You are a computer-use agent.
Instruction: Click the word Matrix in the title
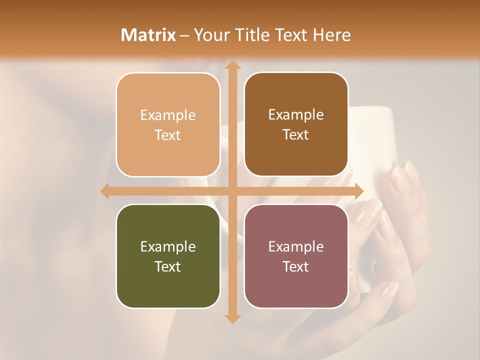tap(148, 35)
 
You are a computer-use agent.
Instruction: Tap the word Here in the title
tap(331, 35)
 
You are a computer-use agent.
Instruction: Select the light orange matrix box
tap(168, 124)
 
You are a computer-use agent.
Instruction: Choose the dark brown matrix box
tap(296, 124)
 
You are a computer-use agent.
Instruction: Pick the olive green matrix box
tap(168, 256)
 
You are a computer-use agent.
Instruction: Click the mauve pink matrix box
tap(296, 256)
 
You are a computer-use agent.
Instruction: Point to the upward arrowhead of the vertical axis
tap(232, 65)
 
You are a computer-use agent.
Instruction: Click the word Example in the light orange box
tap(168, 115)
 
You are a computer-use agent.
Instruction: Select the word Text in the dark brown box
tap(296, 135)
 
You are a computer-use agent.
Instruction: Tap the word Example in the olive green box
tap(168, 247)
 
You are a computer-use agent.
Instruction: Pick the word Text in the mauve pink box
tap(296, 266)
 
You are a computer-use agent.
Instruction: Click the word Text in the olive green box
tap(168, 266)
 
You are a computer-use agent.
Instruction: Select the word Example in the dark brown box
tap(296, 115)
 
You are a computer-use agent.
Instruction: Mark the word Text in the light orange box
tap(168, 135)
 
